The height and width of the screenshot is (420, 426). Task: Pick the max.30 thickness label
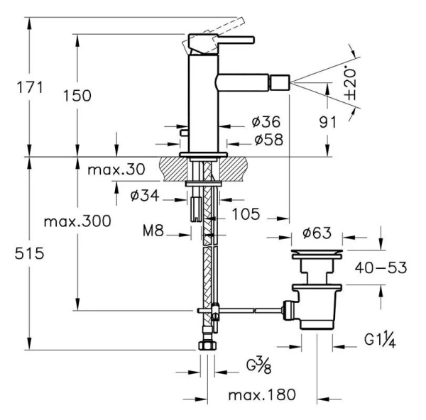pyautogui.click(x=116, y=170)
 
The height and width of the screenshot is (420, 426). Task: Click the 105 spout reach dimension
pyautogui.click(x=245, y=214)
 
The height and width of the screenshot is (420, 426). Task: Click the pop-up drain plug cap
pyautogui.click(x=318, y=253)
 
